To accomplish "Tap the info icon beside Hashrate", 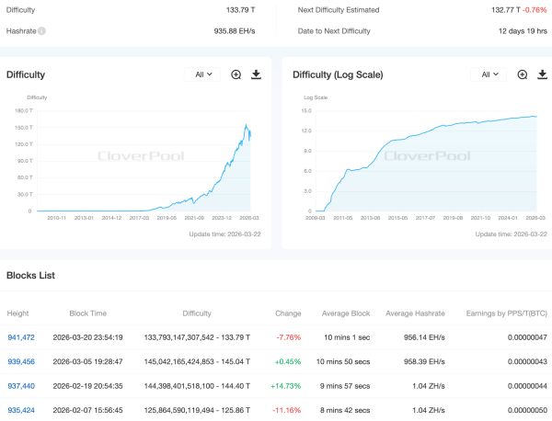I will click(42, 30).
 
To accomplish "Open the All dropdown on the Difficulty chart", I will click(202, 74).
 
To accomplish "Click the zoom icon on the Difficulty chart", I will click(236, 74).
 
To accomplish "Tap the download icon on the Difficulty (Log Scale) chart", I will click(543, 74).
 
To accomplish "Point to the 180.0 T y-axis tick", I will click(23, 110).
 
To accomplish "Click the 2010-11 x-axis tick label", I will click(50, 218).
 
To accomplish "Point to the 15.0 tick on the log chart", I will click(306, 110).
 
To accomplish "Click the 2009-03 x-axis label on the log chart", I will click(316, 218).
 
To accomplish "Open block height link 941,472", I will click(21, 337).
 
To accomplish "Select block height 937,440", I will click(21, 385).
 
